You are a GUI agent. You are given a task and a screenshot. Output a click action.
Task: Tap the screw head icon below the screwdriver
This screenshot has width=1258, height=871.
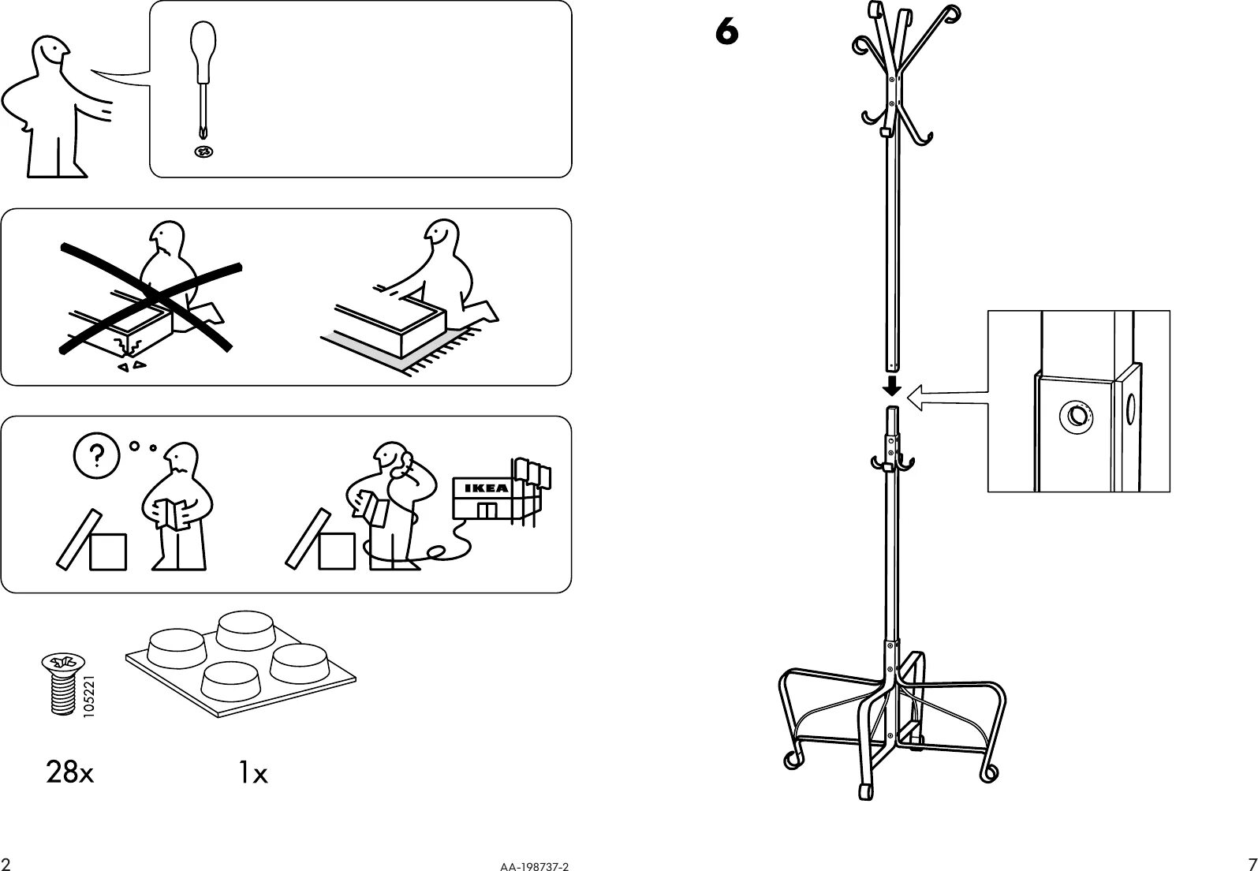(204, 151)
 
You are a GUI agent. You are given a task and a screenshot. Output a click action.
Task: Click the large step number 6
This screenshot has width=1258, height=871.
(727, 32)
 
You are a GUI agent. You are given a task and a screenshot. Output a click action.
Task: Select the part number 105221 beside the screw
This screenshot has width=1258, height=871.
(88, 693)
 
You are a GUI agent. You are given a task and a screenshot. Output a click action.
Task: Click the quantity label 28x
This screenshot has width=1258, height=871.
(69, 773)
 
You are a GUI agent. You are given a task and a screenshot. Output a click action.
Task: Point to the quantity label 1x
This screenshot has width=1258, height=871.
(253, 774)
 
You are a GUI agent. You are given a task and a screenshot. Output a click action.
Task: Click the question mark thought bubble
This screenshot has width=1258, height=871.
(97, 455)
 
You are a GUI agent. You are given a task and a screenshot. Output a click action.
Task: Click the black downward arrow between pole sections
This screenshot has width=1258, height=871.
(892, 386)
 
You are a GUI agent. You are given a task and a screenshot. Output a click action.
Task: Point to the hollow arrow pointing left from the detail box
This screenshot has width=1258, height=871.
(946, 398)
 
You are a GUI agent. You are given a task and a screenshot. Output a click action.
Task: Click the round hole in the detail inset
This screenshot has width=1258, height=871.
(1073, 414)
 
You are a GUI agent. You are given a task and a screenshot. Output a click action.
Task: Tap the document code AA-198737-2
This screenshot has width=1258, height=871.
(533, 865)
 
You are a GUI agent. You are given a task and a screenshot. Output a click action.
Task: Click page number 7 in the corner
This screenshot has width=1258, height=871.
(1251, 862)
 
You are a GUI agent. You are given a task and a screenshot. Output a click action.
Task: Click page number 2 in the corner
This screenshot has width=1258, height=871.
(6, 862)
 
